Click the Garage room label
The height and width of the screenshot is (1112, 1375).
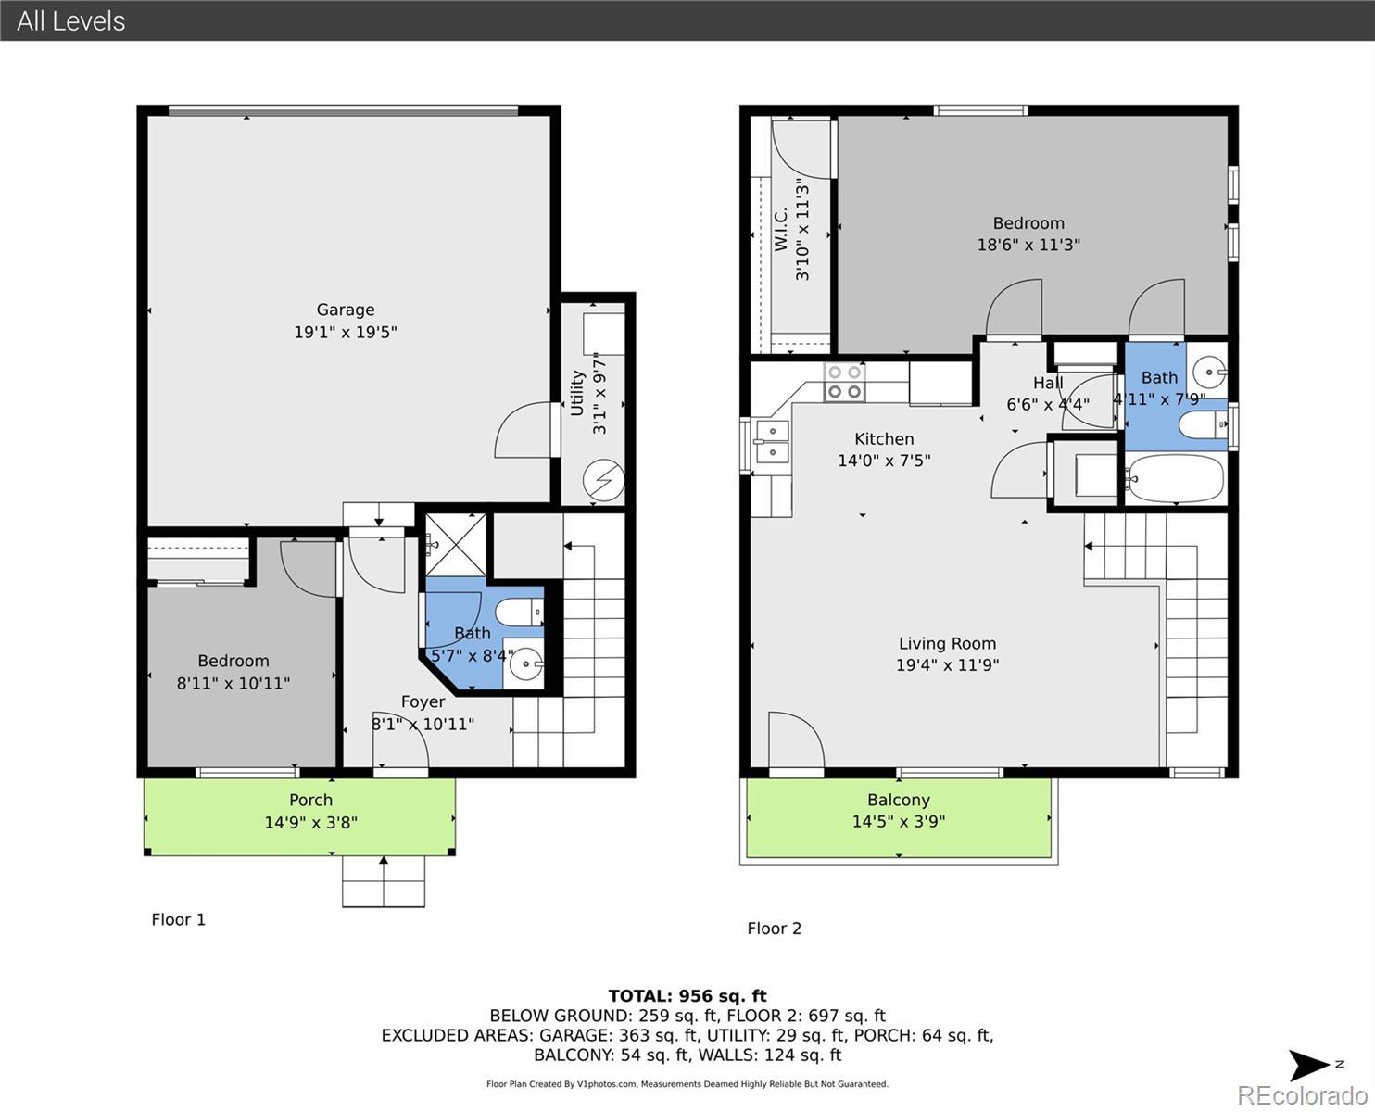click(346, 310)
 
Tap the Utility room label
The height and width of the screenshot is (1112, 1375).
click(577, 393)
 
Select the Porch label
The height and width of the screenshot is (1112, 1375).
click(310, 801)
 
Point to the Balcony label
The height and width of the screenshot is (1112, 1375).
click(899, 801)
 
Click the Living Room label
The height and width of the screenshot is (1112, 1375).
click(947, 643)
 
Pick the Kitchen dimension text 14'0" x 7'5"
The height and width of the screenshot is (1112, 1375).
click(884, 461)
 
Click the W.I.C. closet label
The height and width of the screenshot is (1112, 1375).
click(780, 229)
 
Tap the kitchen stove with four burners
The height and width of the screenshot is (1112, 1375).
click(844, 382)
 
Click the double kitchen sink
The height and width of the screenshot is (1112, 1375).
click(772, 441)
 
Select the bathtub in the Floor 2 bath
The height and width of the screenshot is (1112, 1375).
click(1174, 478)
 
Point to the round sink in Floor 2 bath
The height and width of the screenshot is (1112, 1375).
click(1208, 372)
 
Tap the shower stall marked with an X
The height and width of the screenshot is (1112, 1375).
click(456, 545)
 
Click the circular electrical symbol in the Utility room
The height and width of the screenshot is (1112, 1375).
click(603, 480)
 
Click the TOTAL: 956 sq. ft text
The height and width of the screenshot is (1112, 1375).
click(687, 996)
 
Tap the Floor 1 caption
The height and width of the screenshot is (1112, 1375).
click(178, 919)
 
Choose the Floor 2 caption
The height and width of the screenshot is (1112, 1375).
click(774, 929)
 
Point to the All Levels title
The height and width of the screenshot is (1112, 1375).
click(71, 21)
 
